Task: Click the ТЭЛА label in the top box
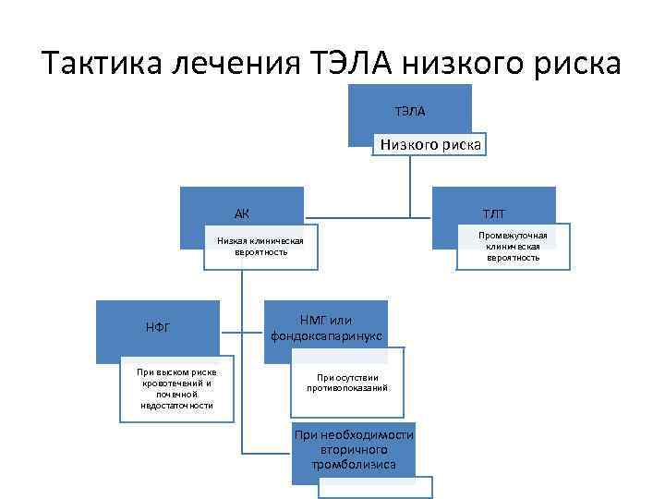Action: pyautogui.click(x=410, y=112)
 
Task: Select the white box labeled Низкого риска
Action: pyautogui.click(x=430, y=145)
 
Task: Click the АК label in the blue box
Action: pyautogui.click(x=242, y=214)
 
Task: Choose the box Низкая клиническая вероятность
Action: pyautogui.click(x=260, y=247)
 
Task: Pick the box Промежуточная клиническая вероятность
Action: pyautogui.click(x=513, y=247)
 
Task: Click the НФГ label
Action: pyautogui.click(x=158, y=327)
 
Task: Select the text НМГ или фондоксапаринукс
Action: pyautogui.click(x=327, y=327)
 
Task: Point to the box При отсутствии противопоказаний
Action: pyautogui.click(x=347, y=383)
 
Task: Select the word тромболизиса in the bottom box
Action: pyautogui.click(x=354, y=464)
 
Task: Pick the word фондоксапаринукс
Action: pyautogui.click(x=327, y=335)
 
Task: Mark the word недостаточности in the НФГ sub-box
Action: pyautogui.click(x=176, y=406)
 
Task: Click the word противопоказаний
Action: pyautogui.click(x=347, y=388)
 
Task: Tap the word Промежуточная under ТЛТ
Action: pyautogui.click(x=513, y=236)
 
